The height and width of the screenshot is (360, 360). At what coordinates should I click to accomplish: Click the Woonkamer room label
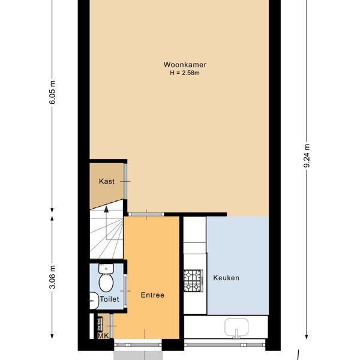click(x=185, y=65)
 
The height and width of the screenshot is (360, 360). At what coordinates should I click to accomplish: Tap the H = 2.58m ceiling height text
click(x=185, y=73)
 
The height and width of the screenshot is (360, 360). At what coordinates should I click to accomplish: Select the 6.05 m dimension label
click(x=52, y=92)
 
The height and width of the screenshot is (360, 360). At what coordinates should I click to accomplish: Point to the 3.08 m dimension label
click(x=52, y=277)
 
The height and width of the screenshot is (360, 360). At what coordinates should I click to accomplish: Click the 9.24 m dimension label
click(x=307, y=155)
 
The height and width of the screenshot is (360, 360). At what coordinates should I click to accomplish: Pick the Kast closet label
click(x=107, y=181)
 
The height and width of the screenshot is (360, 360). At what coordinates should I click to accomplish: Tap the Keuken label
click(x=226, y=278)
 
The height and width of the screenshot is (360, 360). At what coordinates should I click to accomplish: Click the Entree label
click(x=152, y=295)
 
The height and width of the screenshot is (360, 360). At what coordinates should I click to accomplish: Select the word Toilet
click(x=110, y=299)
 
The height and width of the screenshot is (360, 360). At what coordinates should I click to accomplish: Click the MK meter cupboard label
click(x=103, y=336)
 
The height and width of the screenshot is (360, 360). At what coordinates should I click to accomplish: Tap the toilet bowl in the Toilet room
click(x=106, y=278)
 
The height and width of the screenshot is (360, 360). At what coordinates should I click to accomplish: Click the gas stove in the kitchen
click(x=193, y=281)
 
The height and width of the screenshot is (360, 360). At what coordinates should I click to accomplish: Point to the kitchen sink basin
click(x=236, y=328)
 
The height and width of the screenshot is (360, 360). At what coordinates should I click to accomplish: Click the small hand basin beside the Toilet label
click(x=94, y=301)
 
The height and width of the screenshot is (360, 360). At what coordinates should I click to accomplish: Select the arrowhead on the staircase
click(x=106, y=209)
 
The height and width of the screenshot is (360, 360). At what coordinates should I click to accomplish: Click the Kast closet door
click(x=125, y=181)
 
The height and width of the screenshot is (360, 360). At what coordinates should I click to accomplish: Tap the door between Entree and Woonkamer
click(x=146, y=214)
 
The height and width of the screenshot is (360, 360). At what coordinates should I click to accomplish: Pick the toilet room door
click(x=125, y=291)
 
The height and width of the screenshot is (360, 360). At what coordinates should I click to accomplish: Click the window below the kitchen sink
click(x=225, y=345)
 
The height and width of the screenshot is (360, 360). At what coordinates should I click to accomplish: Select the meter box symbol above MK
click(x=100, y=324)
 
